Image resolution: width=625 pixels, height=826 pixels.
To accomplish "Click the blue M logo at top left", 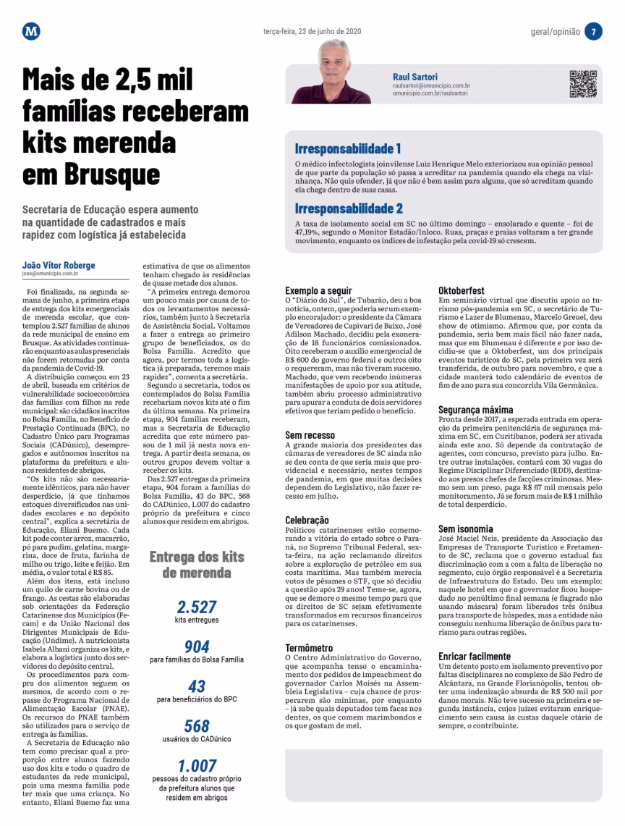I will [31, 31].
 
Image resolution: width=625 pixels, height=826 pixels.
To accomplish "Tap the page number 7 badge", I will [592, 32].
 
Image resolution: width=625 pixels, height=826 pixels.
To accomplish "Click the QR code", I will [583, 84].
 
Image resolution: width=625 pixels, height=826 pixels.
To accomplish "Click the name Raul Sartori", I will [415, 76].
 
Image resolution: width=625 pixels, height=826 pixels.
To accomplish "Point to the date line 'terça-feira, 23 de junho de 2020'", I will [312, 32].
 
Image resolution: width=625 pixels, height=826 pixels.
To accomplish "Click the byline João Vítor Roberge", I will [59, 265].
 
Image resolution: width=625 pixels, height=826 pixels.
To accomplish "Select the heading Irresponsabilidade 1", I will [347, 149].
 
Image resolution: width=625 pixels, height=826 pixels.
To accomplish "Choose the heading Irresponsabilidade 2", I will [349, 208].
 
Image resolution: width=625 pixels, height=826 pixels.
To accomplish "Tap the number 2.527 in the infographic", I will [197, 607].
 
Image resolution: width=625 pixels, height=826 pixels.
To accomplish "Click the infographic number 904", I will [197, 646].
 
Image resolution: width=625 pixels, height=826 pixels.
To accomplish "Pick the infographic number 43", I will [197, 686].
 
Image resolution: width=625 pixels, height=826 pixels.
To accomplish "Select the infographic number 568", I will [197, 725].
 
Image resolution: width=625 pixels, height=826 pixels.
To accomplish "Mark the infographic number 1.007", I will [197, 765].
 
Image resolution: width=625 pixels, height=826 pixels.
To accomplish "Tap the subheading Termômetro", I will [309, 648].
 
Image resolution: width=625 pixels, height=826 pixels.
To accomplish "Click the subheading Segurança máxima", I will [476, 410].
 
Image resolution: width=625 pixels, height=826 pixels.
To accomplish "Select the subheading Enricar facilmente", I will [475, 657].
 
